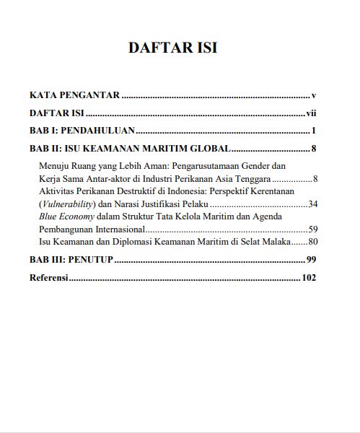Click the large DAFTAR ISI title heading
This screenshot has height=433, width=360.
click(x=172, y=48)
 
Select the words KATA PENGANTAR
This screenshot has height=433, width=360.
click(x=74, y=95)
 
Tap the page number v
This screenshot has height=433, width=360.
click(x=315, y=95)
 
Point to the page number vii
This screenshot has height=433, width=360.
click(x=312, y=113)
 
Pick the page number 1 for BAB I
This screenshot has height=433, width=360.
click(x=315, y=131)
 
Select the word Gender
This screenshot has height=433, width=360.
click(x=264, y=166)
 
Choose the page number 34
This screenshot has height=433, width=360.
click(x=312, y=204)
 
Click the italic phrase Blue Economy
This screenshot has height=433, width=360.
click(x=63, y=216)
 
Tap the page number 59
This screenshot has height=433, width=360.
click(x=312, y=229)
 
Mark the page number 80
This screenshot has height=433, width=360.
click(x=312, y=242)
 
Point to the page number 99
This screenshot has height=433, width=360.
click(x=312, y=260)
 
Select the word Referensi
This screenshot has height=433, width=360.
click(x=48, y=278)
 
